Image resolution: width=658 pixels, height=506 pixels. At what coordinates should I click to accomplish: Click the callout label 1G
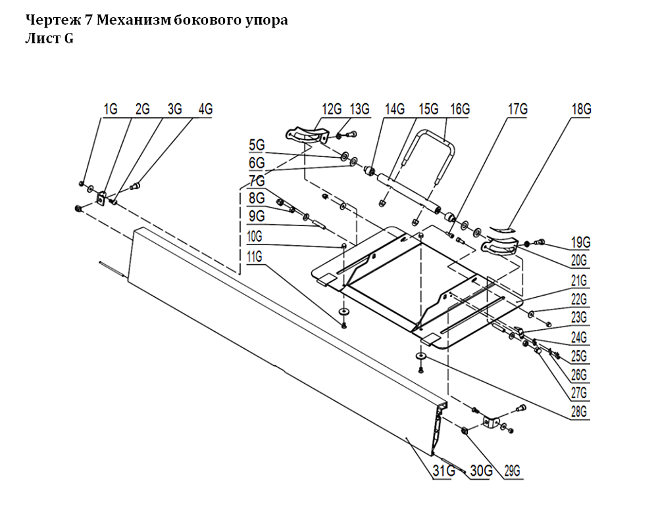click(110, 109)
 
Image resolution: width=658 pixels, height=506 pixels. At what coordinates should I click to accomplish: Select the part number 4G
click(205, 109)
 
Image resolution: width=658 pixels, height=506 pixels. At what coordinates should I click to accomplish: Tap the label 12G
click(332, 109)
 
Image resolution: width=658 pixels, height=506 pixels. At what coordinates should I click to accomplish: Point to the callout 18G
click(581, 109)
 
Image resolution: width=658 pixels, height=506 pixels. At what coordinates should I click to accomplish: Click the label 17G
click(519, 109)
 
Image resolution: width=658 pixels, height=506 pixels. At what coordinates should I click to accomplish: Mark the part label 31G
click(443, 471)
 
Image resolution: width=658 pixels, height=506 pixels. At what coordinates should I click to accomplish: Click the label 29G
click(513, 471)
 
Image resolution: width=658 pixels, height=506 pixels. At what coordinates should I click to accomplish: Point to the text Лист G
click(49, 38)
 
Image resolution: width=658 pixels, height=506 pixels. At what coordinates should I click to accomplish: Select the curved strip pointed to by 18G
click(505, 229)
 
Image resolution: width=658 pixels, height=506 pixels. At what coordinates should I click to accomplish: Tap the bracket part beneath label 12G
click(307, 136)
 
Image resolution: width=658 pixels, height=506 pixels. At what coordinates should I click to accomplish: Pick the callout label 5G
click(256, 144)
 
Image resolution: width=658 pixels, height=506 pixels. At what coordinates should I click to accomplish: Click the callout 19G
click(581, 242)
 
